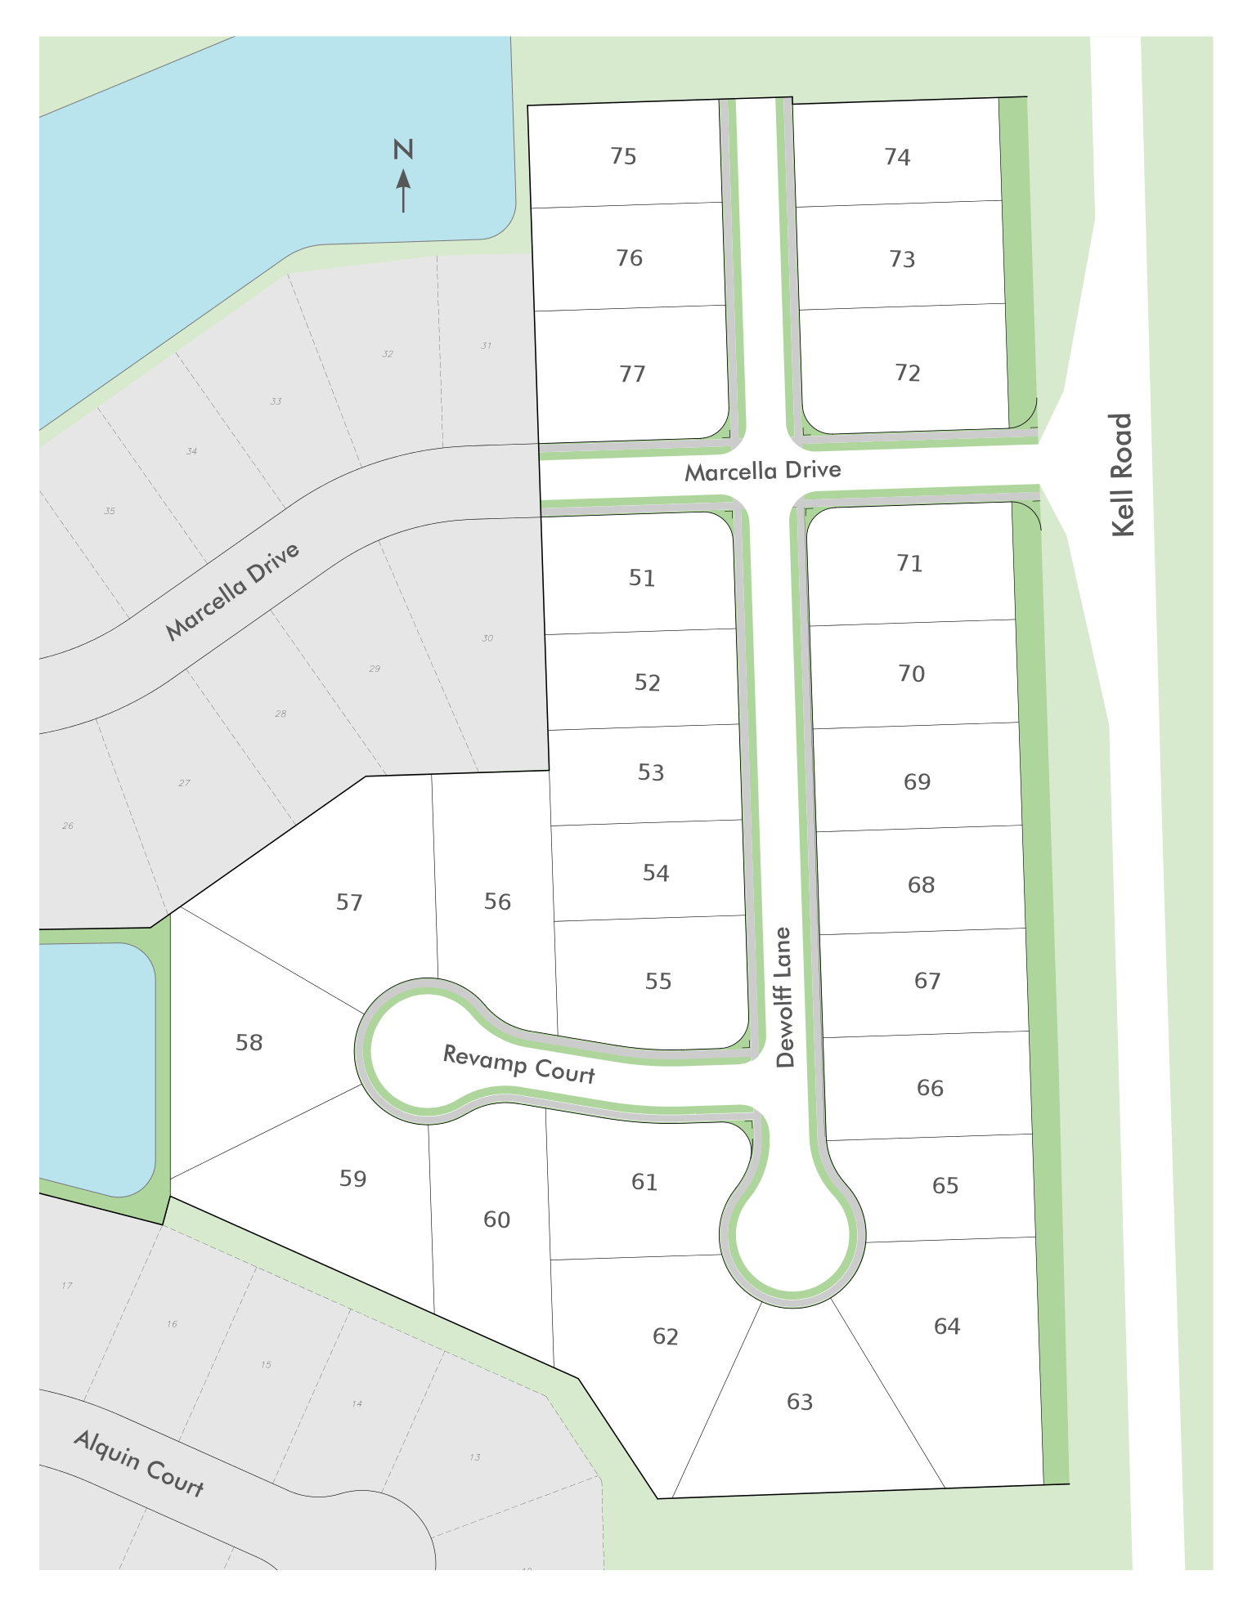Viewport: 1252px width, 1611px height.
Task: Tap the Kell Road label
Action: [x=1123, y=475]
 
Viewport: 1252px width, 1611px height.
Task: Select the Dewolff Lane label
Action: [x=784, y=996]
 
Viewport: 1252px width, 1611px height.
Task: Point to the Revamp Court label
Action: [x=518, y=1064]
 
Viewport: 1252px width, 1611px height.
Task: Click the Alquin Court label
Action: [x=139, y=1462]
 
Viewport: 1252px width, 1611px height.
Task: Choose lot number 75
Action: [x=623, y=156]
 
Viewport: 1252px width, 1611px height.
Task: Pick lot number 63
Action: [x=800, y=1402]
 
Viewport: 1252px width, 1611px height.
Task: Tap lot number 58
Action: [x=249, y=1042]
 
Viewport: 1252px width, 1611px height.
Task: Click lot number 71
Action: [x=909, y=563]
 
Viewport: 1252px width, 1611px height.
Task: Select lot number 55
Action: [x=658, y=981]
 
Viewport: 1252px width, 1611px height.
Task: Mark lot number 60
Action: [x=496, y=1219]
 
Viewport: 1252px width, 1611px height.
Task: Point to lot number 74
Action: [x=897, y=157]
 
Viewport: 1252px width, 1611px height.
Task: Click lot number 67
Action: [x=927, y=980]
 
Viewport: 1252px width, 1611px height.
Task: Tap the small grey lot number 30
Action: [x=487, y=638]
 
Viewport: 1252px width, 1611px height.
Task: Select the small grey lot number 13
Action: [x=475, y=1457]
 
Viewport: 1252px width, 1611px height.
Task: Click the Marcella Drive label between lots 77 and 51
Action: [x=763, y=471]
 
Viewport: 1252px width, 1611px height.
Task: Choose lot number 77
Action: [x=632, y=374]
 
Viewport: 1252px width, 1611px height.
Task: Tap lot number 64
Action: [x=947, y=1326]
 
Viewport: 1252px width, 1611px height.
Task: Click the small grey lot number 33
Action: [x=276, y=401]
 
